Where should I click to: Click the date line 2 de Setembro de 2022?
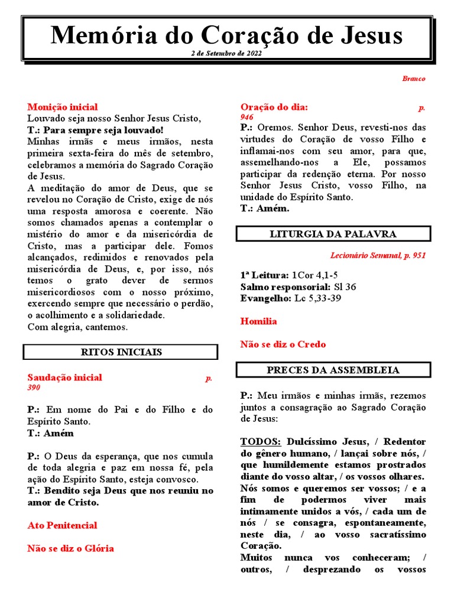pyautogui.click(x=226, y=53)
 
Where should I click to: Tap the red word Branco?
pyautogui.click(x=413, y=79)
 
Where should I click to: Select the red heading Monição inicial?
pyautogui.click(x=63, y=107)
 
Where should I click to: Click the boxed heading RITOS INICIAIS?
pyautogui.click(x=121, y=352)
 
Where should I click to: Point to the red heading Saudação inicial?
pyautogui.click(x=64, y=378)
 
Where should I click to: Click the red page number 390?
pyautogui.click(x=34, y=388)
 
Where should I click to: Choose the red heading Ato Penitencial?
pyautogui.click(x=62, y=525)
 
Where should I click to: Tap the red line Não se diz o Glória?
pyautogui.click(x=70, y=548)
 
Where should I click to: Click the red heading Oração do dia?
pyautogui.click(x=274, y=107)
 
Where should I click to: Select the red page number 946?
pyautogui.click(x=247, y=118)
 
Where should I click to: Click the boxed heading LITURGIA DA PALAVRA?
pyautogui.click(x=333, y=234)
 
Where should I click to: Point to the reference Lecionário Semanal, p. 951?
pyautogui.click(x=377, y=256)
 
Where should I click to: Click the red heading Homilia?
pyautogui.click(x=258, y=321)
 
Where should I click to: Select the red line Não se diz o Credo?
pyautogui.click(x=283, y=344)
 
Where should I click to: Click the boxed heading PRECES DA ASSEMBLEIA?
pyautogui.click(x=333, y=370)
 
